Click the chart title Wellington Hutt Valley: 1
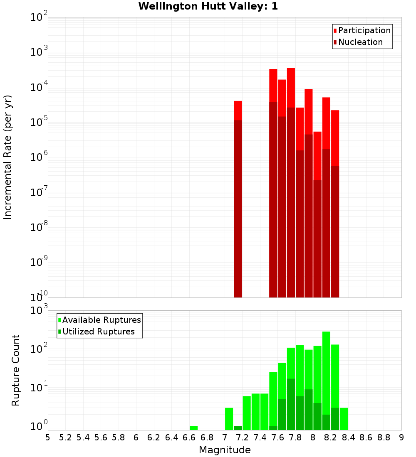pos(208,6)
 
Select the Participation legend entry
pos(362,31)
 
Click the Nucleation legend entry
pos(358,42)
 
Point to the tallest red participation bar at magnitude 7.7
pos(291,88)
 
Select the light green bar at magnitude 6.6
pos(193,428)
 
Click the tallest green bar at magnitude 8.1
pos(326,374)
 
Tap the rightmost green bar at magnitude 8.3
pos(344,419)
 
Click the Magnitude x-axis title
pos(225,450)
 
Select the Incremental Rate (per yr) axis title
pos(8,157)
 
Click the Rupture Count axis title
pos(16,370)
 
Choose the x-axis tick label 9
pos(401,437)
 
